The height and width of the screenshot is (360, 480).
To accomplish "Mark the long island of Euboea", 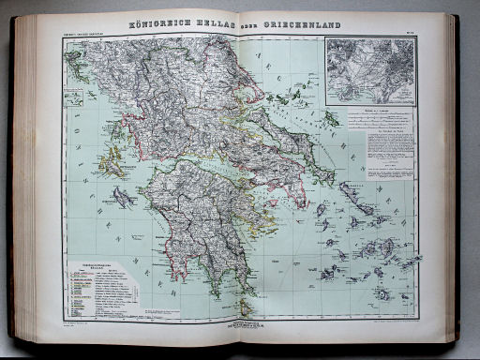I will pyautogui.click(x=281, y=141).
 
